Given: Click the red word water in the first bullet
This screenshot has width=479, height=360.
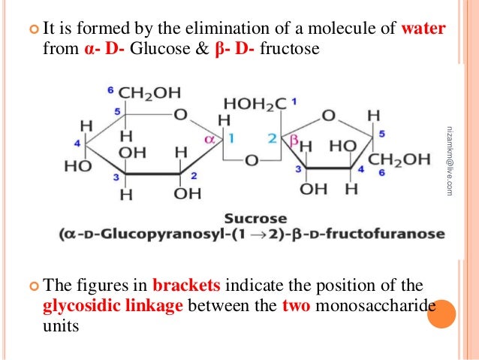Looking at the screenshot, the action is click(424, 30).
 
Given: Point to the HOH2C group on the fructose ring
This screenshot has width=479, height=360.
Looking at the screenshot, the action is click(253, 104).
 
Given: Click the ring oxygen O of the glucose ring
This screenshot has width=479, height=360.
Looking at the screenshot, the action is click(180, 116).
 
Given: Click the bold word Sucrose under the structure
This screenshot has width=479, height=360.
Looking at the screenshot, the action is click(250, 218).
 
